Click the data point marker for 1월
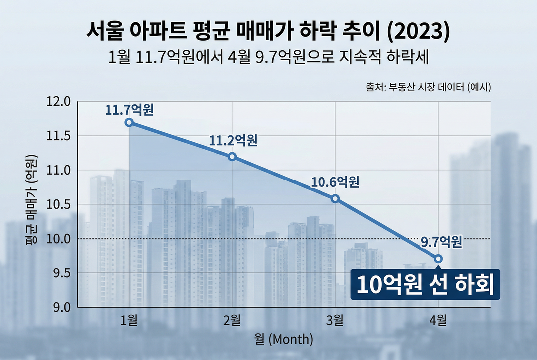[x=129, y=122]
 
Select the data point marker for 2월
[x=232, y=157]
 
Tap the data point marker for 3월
[x=335, y=199]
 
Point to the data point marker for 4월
[x=438, y=259]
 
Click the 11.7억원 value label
[x=129, y=109]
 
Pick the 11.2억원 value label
[x=233, y=141]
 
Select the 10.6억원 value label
[x=335, y=182]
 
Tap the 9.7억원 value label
[x=441, y=242]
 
